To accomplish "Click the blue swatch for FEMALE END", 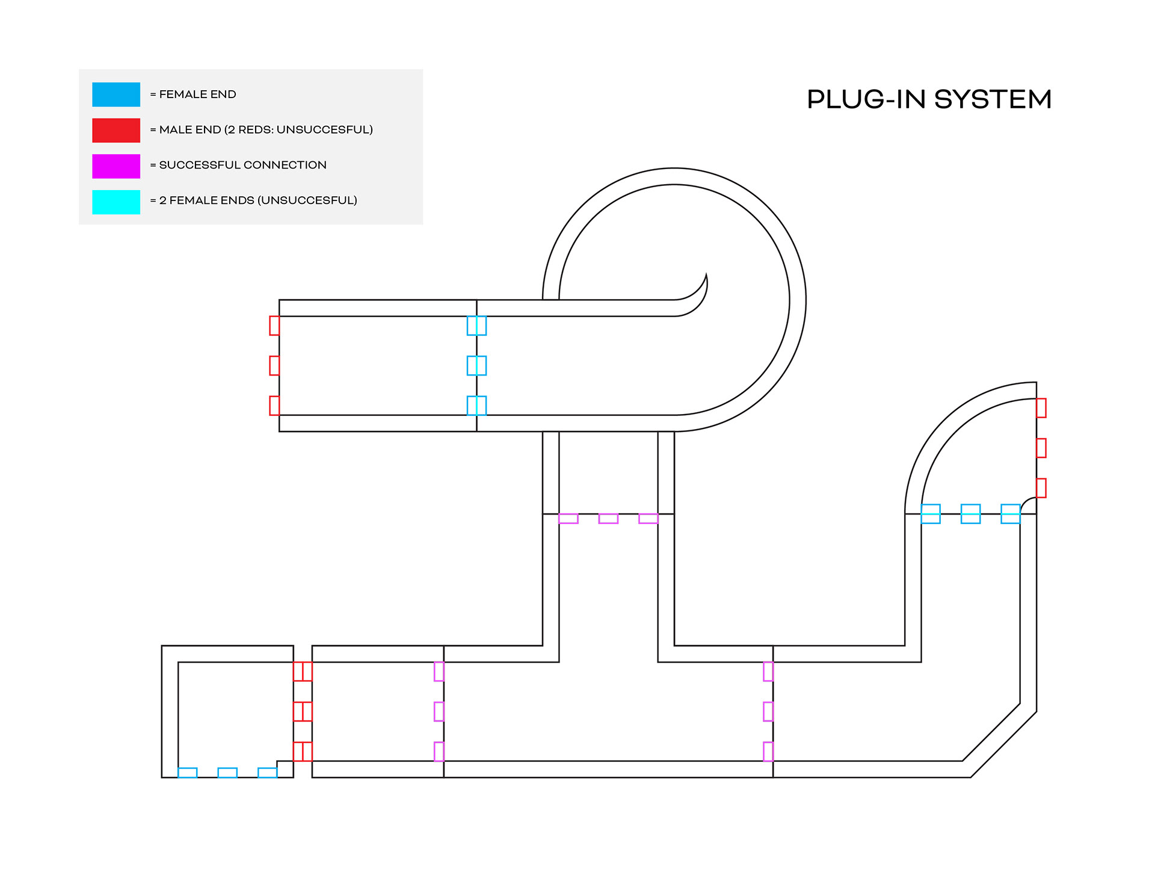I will [116, 94].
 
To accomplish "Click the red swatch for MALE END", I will [116, 130].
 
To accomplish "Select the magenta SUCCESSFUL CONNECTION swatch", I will [116, 166].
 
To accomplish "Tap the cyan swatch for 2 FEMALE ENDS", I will [116, 202].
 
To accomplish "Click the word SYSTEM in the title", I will [993, 99].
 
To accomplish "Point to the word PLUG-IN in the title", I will [866, 99].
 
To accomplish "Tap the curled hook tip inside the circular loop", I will [706, 278].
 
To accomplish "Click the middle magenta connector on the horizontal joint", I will [608, 519].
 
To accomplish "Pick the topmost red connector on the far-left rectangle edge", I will [274, 326].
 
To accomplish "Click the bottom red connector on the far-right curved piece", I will [1041, 488].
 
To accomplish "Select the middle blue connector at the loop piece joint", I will [476, 365].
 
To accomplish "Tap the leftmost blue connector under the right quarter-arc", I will [931, 514].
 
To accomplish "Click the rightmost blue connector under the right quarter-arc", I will [1011, 514].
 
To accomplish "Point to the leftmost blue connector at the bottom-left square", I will [188, 773].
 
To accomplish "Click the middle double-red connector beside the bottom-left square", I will [303, 711].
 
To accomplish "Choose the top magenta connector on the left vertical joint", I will [439, 671].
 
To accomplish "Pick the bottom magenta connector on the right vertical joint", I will [768, 752].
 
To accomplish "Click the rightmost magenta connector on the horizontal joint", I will [648, 519].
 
